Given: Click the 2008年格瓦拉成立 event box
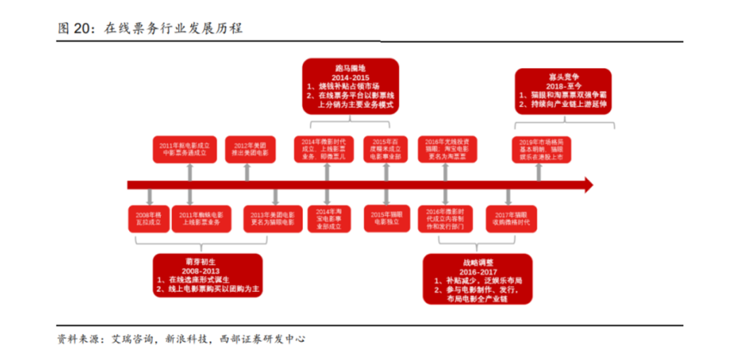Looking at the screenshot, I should click(x=145, y=218).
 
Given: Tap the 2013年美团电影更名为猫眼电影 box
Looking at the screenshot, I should click(x=271, y=218).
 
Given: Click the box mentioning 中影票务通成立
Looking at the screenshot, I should click(x=183, y=149).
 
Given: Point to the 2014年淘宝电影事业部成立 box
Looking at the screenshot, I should click(x=324, y=218).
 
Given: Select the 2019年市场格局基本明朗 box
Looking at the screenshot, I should click(x=541, y=149).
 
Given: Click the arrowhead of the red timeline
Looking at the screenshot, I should click(x=587, y=184).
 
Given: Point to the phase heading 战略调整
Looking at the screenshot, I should click(x=478, y=262).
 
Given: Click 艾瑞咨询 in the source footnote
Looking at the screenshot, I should click(x=129, y=338).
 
